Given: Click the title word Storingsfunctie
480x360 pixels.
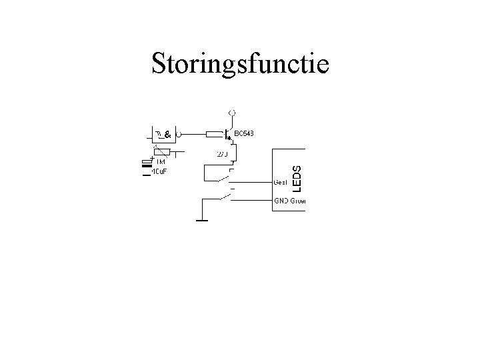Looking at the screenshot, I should (240, 64).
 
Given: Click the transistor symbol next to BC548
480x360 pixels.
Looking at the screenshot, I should (229, 135).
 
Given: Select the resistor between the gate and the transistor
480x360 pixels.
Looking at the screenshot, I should (215, 134).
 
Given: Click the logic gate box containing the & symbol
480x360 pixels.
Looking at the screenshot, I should (164, 134).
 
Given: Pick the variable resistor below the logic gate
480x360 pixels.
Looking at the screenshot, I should (162, 151).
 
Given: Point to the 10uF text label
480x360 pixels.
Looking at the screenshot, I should (159, 171).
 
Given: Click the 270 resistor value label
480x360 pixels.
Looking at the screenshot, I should (223, 155).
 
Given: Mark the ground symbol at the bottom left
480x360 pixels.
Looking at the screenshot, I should (201, 219).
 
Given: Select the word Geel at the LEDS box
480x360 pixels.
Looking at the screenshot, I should (281, 181).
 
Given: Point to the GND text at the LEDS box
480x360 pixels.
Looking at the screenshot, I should (281, 201).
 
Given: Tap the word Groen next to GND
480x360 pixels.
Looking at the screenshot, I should (297, 201).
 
